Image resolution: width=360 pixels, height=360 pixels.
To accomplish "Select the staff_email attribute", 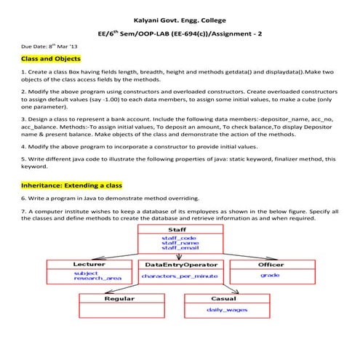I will click(177, 248).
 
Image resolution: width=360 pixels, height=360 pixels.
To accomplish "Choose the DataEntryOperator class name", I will click(180, 264).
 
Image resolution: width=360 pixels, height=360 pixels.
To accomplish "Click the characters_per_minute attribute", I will click(180, 276).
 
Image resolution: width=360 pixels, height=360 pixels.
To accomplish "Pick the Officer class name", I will click(271, 264).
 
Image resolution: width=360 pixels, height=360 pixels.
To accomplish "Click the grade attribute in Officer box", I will click(271, 276).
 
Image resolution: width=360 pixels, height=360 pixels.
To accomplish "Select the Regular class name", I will click(119, 298).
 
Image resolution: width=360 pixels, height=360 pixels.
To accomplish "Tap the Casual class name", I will click(223, 298).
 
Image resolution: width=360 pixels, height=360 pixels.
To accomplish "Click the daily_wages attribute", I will click(224, 310).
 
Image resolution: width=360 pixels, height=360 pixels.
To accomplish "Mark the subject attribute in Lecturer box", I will click(86, 273).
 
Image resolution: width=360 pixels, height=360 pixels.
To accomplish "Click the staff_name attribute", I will click(177, 242).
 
